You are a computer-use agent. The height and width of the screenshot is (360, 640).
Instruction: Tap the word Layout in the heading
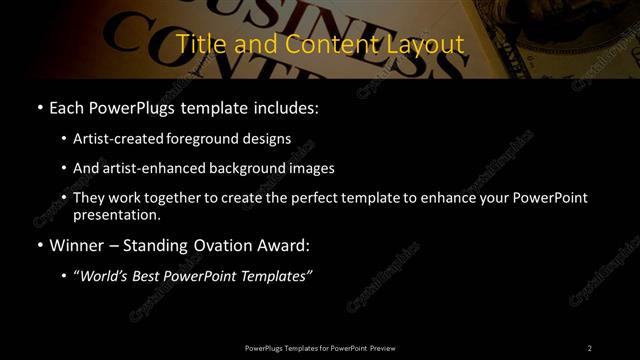427,45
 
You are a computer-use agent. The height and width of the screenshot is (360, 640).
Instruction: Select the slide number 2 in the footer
589,348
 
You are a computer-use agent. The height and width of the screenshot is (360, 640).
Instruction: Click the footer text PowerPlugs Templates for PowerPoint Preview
320,348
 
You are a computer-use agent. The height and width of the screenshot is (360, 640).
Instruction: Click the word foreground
201,139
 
